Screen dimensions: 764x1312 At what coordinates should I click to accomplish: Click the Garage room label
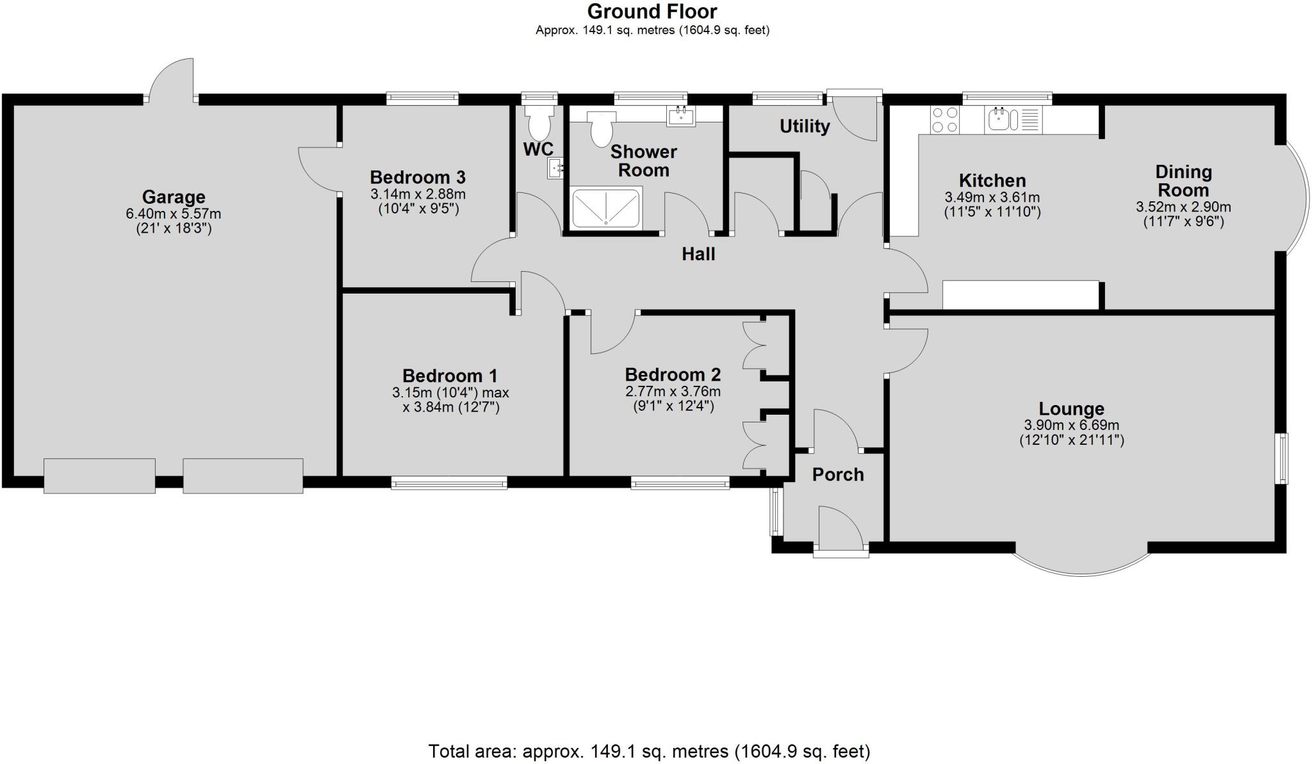174,197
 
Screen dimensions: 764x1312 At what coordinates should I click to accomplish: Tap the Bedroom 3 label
417,177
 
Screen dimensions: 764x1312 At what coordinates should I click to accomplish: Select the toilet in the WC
539,122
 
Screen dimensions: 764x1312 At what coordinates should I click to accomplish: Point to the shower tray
605,208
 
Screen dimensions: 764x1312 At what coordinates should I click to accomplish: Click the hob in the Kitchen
945,119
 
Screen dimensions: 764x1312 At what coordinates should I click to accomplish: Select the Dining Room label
1183,181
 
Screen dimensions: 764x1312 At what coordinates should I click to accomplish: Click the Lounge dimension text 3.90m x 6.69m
1072,426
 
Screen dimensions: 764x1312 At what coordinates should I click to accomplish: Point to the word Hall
698,254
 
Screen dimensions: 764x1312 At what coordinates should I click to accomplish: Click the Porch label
838,474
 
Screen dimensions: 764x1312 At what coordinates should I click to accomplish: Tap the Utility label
805,126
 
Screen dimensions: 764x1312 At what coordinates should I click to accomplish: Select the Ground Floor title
652,12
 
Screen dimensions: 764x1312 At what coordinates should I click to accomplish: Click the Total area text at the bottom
649,751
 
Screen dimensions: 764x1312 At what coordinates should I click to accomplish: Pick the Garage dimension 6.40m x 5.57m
174,214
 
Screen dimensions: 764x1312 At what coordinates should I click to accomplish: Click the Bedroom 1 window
449,483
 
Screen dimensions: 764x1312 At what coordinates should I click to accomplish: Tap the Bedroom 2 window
680,483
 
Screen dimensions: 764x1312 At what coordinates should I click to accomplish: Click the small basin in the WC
555,169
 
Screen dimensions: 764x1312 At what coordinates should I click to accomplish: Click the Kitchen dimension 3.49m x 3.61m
992,197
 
